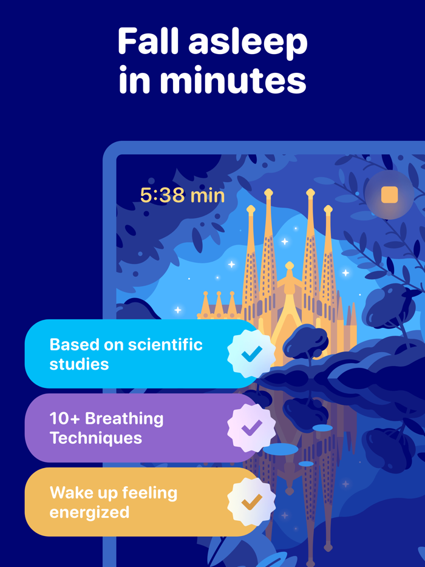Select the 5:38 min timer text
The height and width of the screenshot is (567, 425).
point(182,195)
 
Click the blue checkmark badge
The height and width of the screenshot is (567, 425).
point(251,353)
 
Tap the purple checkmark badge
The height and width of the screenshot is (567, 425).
point(251,428)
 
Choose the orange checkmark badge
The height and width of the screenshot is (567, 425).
point(251,502)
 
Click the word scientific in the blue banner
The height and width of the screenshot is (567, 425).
point(165,345)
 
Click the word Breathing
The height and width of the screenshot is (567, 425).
point(124,418)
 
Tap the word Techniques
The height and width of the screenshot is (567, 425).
point(96,438)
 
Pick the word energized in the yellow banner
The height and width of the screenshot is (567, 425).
point(89,512)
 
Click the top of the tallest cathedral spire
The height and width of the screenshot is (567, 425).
point(268,193)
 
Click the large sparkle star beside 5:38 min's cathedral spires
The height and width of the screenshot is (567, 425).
point(284,242)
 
